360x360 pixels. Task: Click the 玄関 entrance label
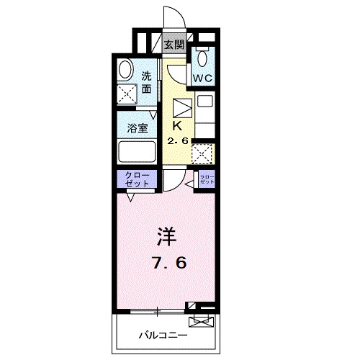[x=174, y=44]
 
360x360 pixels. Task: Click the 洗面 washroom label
[x=146, y=83]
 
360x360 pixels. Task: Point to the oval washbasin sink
[x=125, y=70]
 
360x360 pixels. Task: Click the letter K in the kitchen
[x=176, y=124]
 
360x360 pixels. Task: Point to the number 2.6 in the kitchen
[x=178, y=140]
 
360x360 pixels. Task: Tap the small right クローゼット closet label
[x=207, y=179]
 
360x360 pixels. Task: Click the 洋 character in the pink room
[x=166, y=237]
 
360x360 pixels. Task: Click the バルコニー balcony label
[x=163, y=335]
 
